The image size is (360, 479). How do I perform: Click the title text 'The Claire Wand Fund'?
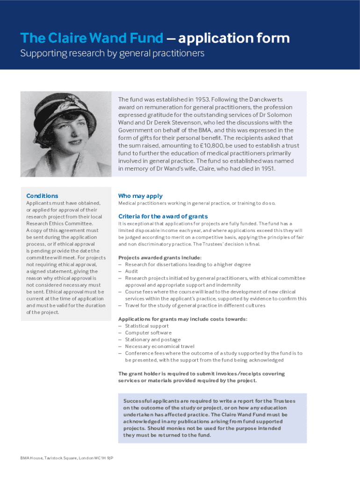[x=92, y=38]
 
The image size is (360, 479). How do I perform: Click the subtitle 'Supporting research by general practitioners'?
[x=112, y=53]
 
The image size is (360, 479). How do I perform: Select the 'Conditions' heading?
[x=43, y=196]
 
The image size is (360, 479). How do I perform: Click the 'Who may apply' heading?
[x=140, y=196]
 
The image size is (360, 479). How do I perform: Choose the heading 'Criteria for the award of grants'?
[x=163, y=216]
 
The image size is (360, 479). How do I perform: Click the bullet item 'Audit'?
[x=131, y=271]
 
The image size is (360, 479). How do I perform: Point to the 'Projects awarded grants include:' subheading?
[x=160, y=258]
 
